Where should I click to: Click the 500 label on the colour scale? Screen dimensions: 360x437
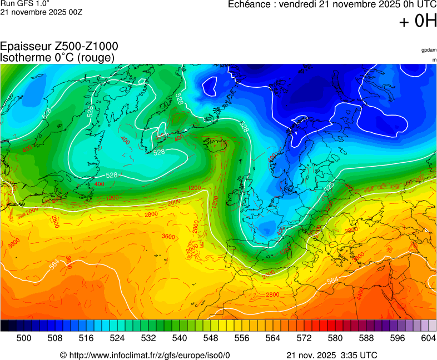[x=23, y=337]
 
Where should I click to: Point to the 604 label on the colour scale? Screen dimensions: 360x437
[x=429, y=337]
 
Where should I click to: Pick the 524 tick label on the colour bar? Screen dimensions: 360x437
[x=117, y=337]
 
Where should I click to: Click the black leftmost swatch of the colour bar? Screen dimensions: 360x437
[x=4, y=326]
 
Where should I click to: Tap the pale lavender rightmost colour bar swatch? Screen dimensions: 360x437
[x=433, y=326]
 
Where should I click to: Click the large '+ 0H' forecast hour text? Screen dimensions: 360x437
[x=418, y=21]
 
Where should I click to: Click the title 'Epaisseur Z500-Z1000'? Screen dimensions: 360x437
[x=59, y=47]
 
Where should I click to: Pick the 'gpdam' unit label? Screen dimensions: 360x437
[x=429, y=50]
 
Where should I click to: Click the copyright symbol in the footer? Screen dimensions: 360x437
[x=63, y=355]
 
